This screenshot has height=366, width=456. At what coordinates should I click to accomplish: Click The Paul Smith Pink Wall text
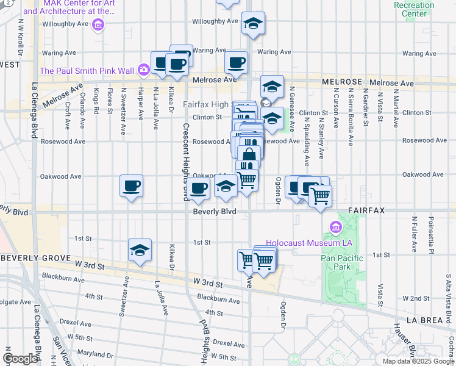pos(87,71)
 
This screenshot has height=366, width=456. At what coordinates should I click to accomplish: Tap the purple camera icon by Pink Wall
pos(143,69)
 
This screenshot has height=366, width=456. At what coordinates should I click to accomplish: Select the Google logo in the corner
pos(20,358)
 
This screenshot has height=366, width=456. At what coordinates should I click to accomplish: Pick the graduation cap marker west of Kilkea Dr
pos(140,250)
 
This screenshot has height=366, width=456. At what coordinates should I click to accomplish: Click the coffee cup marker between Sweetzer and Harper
pos(131,186)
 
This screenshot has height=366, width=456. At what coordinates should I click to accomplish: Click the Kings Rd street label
pos(96,101)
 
